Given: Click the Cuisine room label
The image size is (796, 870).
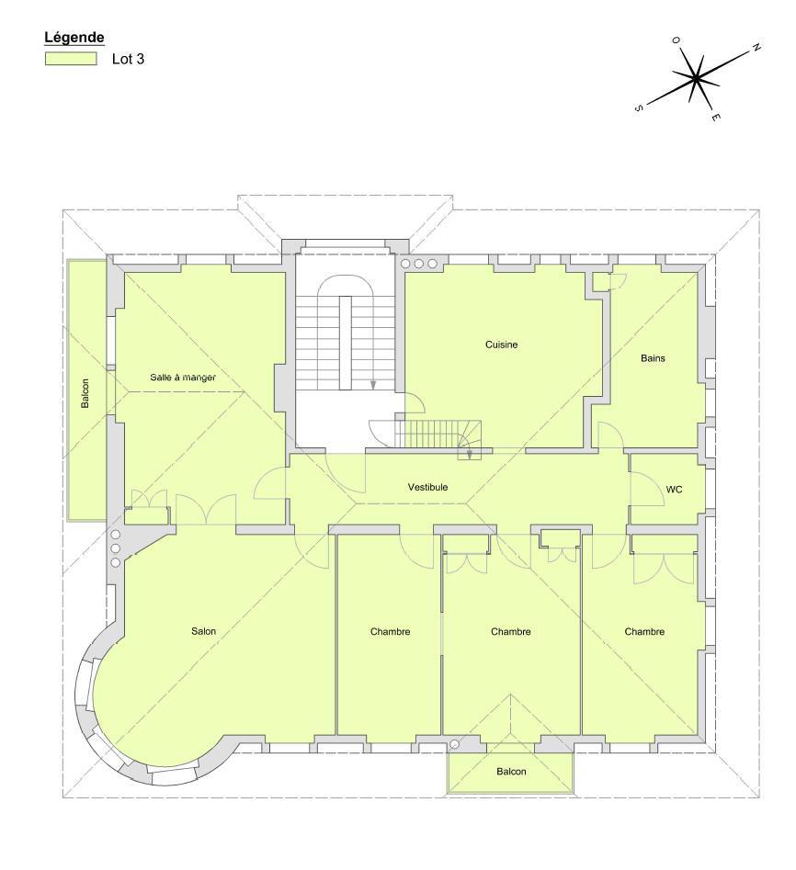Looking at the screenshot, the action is click(501, 345).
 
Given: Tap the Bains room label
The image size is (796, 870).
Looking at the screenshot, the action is click(653, 358).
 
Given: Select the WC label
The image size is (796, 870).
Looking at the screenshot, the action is click(674, 490).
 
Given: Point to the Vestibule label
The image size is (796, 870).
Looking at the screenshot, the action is click(427, 487).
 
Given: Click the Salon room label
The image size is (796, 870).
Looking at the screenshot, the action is click(203, 631).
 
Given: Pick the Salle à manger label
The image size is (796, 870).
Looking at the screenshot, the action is click(183, 378).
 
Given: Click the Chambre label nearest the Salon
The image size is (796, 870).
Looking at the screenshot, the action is click(391, 631).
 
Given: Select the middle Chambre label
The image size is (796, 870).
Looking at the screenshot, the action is click(511, 631).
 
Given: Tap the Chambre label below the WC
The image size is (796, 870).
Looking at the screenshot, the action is click(644, 631).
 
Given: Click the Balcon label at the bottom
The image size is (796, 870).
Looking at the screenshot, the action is click(511, 771).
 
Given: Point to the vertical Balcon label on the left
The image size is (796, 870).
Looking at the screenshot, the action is click(85, 393).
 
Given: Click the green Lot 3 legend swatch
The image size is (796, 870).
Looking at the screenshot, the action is click(71, 58).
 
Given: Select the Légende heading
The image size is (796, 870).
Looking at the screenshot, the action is click(74, 37).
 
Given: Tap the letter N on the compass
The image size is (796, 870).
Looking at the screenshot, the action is click(756, 48).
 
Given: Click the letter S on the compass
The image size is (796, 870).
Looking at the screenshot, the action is click(638, 108).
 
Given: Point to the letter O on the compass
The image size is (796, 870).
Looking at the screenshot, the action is click(676, 40).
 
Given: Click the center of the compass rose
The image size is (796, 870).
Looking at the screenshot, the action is click(696, 78).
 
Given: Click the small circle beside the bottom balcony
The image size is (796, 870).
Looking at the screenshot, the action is click(454, 744).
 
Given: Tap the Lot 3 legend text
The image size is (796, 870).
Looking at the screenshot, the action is click(129, 59).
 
